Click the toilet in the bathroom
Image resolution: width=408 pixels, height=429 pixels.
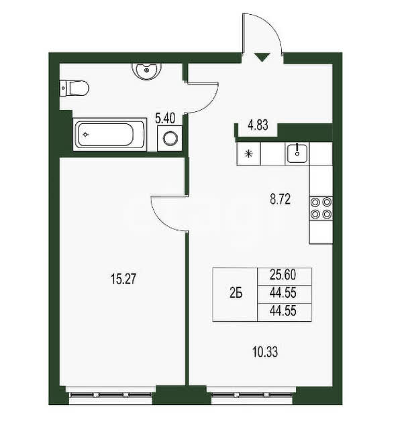74,88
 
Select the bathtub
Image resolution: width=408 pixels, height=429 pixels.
109,135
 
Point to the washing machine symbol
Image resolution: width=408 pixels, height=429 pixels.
170,138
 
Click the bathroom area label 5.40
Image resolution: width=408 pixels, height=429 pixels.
165,119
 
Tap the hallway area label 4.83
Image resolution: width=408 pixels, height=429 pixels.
258,126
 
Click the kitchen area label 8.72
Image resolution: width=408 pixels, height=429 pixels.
280,200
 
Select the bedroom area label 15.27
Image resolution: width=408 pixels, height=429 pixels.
123,280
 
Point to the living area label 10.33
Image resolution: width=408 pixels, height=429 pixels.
265,352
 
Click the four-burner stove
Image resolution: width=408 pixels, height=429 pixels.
321,208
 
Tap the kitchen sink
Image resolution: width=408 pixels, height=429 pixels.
297,154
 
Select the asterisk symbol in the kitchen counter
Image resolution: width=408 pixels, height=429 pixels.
248,154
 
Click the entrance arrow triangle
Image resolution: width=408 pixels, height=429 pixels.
262,57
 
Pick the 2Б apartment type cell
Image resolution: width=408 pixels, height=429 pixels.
236,294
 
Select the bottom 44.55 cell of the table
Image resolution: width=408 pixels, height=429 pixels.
285,312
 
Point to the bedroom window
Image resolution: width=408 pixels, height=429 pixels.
111,395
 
